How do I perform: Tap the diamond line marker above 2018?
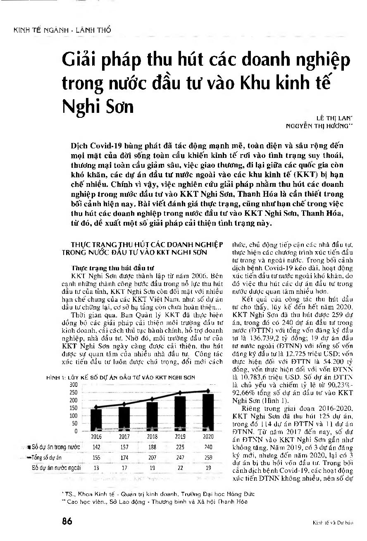(153, 399)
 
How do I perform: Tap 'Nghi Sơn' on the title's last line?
(98, 107)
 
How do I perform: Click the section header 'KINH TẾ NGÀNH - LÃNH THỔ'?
(57, 30)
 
